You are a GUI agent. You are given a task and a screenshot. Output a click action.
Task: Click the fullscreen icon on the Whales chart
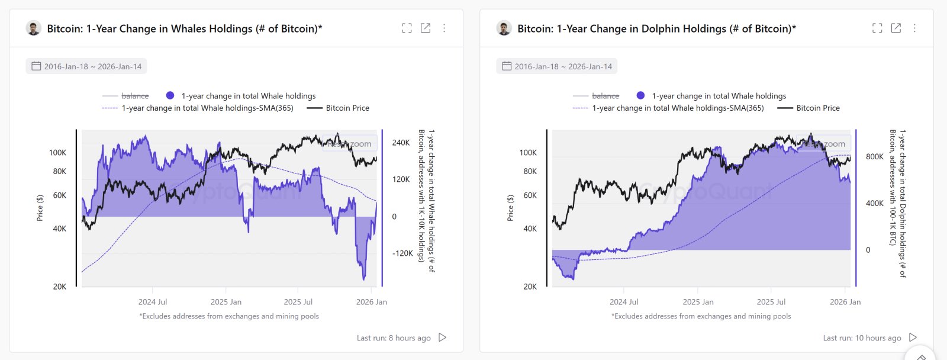point(407,28)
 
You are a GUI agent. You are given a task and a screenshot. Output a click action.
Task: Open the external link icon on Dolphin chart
point(896,28)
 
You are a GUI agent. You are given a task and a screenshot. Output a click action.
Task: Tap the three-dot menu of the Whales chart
point(444,28)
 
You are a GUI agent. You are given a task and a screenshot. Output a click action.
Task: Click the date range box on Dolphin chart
point(556,66)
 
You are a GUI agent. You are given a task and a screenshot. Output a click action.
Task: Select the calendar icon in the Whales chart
point(36,66)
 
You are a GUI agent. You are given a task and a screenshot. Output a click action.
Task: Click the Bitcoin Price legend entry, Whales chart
point(347,108)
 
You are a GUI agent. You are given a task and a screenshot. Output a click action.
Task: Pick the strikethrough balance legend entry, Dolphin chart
point(605,96)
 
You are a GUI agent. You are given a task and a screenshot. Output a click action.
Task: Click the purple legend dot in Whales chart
point(170,96)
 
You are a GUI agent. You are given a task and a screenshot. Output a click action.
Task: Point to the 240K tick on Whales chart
point(401,143)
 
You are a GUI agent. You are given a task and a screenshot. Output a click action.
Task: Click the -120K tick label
point(402,253)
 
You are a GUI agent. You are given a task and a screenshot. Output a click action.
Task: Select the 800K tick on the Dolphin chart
point(874,157)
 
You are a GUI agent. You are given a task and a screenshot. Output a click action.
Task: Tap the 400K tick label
point(874,204)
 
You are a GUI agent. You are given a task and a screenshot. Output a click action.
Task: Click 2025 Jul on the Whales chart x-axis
point(298,302)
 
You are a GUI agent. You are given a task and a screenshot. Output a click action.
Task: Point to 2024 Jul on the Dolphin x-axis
point(624,302)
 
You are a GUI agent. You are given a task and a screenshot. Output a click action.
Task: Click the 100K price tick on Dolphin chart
point(528,153)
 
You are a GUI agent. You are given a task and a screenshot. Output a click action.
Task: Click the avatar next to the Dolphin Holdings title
point(504,28)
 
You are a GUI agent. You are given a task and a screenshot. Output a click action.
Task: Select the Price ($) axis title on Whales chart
point(40,208)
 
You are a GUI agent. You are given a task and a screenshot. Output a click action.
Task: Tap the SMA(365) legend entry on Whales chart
point(207,108)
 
